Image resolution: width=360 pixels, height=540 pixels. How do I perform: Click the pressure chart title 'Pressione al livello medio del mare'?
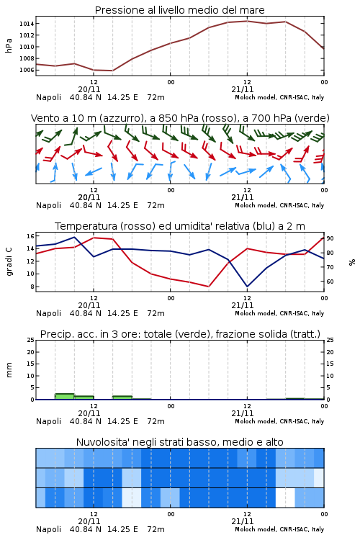pos(179,10)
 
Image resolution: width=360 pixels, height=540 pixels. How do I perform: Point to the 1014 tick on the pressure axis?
pos(27,24)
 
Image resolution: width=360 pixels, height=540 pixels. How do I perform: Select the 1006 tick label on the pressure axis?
pos(27,70)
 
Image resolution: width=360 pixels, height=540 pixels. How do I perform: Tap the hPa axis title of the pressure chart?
pos(9,45)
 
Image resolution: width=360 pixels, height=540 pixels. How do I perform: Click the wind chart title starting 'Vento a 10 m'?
pos(180,119)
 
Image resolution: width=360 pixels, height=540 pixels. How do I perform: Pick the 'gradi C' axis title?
pos(9,261)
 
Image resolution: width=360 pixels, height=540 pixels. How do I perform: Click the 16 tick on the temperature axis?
pos(30,236)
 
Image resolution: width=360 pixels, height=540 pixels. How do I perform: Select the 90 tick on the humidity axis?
pos(330,238)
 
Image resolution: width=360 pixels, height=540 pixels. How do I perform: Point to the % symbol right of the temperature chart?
pos(352,262)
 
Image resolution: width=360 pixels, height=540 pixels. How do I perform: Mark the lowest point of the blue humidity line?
pos(247,287)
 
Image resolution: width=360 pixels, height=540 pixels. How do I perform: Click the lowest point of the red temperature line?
pos(208,287)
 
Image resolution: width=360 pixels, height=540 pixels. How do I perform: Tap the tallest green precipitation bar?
pos(65,397)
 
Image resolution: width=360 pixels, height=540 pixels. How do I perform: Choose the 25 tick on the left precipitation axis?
pos(30,340)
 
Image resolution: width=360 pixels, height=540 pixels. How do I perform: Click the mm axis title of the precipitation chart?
pos(9,370)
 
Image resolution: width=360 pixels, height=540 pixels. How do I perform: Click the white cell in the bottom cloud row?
pos(285,498)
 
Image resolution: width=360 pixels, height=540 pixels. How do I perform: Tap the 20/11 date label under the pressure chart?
pos(89,89)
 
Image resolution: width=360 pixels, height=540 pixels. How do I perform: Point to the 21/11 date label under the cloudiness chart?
pos(243,521)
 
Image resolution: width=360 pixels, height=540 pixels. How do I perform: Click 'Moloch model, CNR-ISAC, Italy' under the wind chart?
pos(279,206)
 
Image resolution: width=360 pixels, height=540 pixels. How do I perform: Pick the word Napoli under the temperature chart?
pos(48,313)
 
